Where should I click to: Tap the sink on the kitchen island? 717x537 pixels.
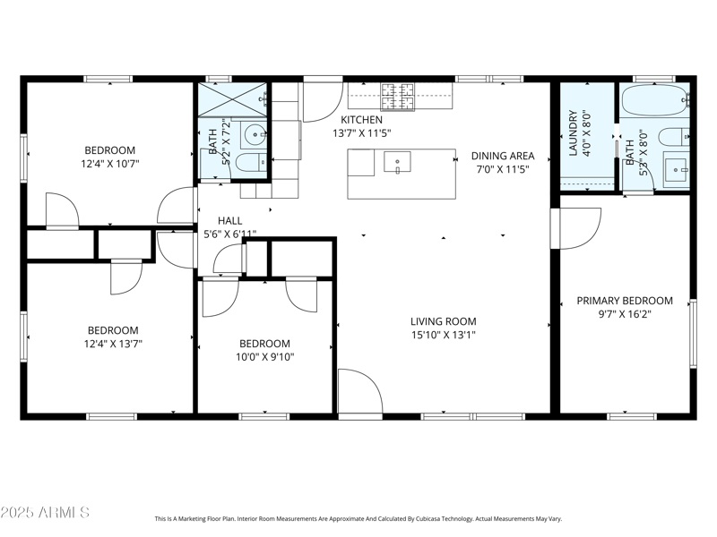(397, 162)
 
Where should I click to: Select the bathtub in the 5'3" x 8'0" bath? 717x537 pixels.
(653, 101)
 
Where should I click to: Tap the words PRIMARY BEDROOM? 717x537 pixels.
(624, 301)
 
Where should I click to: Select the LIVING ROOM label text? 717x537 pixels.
(443, 321)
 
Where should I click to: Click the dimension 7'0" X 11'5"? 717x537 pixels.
(502, 168)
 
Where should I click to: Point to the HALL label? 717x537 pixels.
(230, 220)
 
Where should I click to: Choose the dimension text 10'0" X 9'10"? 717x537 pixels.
(264, 356)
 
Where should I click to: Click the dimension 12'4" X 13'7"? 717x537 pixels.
(112, 343)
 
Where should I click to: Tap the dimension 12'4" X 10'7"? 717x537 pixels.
(110, 164)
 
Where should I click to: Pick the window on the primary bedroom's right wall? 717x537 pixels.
(692, 333)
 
